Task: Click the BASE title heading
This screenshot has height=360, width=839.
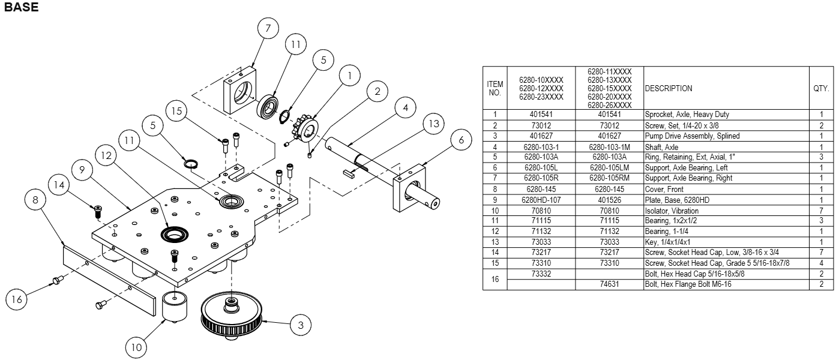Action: coord(21,8)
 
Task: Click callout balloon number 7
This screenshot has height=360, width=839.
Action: coord(268,28)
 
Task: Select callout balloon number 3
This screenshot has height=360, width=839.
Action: coord(301,325)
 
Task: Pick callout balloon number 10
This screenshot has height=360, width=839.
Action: coord(136,346)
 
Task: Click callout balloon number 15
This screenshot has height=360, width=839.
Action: coord(176,112)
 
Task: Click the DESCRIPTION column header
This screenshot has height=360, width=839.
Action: coord(669,88)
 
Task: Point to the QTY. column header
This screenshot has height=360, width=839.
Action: coord(821,88)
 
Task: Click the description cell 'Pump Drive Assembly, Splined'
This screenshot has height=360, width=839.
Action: coord(684,136)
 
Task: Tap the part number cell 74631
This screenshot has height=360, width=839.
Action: coord(609,284)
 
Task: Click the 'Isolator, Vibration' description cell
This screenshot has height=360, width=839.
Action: coord(672,211)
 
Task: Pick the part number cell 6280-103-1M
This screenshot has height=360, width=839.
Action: coord(609,147)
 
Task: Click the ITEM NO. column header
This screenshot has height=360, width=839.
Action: coord(495,88)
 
